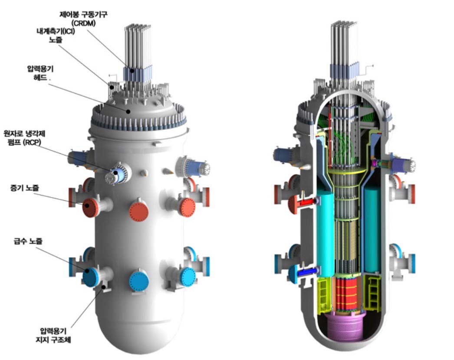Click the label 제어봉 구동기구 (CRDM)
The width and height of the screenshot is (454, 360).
pos(83,19)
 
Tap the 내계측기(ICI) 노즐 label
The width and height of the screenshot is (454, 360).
pos(56,35)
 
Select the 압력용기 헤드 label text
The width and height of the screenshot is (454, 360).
pos(40,73)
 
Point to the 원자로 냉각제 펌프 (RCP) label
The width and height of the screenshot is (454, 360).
pos(24,138)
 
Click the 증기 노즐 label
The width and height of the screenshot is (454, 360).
pos(24,188)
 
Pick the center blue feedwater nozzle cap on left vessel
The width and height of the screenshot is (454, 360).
pos(139,281)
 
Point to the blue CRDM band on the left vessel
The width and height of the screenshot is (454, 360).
pos(138,73)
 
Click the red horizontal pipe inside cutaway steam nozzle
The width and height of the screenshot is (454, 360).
pos(308,202)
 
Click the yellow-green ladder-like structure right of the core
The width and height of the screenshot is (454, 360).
pos(372,293)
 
